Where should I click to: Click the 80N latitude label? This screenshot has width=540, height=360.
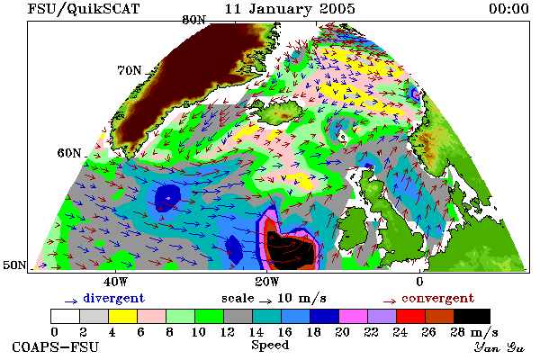coord(193,20)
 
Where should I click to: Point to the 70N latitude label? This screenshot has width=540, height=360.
coord(130,70)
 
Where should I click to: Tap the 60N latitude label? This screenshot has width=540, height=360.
coord(69,153)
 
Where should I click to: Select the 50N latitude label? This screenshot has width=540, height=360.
coord(14,265)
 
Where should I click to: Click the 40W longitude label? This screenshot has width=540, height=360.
coord(115,282)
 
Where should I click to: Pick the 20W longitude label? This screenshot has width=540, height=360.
coord(267,282)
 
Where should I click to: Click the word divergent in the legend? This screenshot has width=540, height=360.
coord(114,298)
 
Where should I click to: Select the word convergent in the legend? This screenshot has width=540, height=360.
coord(438,298)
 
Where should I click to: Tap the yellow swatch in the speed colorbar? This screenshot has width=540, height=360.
coord(123,316)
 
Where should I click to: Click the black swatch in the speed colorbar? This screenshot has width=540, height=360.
coord(472,316)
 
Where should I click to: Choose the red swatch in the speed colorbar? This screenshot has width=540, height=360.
coord(410,316)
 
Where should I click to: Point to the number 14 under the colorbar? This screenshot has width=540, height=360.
coord(256,332)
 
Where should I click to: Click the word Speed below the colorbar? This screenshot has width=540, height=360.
coord(270,345)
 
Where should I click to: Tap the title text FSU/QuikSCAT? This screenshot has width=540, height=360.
coord(84,9)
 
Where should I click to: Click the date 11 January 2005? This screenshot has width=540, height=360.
coord(290,9)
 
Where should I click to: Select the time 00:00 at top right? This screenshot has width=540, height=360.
coord(508,9)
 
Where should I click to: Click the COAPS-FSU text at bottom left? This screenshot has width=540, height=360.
coord(56,346)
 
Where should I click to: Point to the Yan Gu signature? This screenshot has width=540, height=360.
coord(499,347)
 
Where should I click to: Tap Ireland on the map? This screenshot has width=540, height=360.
coord(354,225)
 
